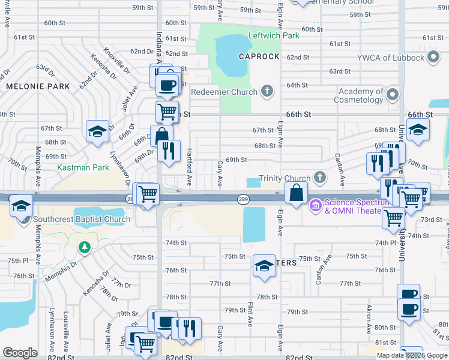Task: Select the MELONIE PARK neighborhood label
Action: pyautogui.click(x=38, y=86)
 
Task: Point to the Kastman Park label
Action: pyautogui.click(x=83, y=167)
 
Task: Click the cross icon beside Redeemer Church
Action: pyautogui.click(x=267, y=92)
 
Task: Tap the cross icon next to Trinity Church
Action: pyautogui.click(x=320, y=178)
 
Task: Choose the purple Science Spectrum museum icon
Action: pyautogui.click(x=315, y=206)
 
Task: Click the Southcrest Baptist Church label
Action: pyautogui.click(x=82, y=219)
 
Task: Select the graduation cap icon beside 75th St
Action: pyautogui.click(x=264, y=265)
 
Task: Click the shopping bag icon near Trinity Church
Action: pyautogui.click(x=297, y=193)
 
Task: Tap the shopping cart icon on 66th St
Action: pyautogui.click(x=167, y=111)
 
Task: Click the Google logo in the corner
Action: pyautogui.click(x=20, y=353)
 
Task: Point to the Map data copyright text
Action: pyautogui.click(x=412, y=355)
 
